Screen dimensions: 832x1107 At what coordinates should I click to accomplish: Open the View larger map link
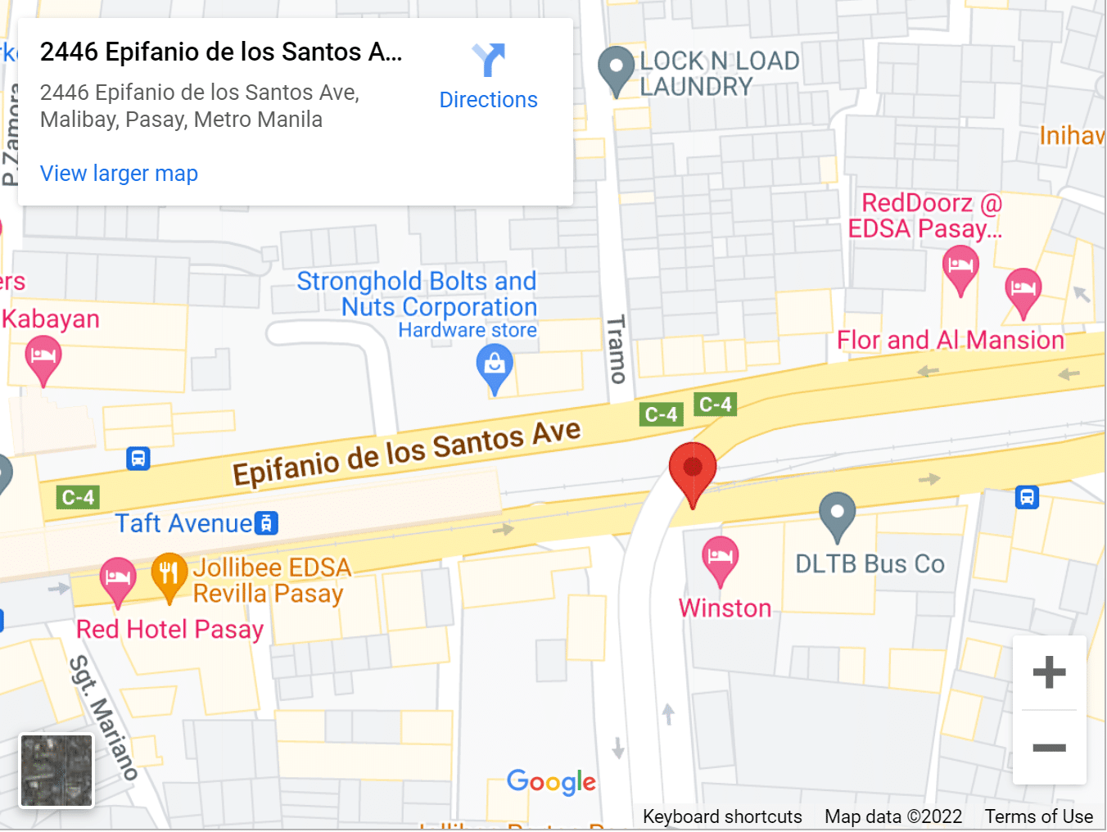[119, 174]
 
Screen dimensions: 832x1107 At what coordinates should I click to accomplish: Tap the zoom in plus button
[1049, 672]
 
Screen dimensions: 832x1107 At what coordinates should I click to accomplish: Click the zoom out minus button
[1049, 748]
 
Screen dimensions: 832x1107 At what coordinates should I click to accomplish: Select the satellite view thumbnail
[56, 771]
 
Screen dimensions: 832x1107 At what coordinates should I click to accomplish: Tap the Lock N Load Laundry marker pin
[616, 69]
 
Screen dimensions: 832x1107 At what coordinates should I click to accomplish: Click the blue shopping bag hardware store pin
[495, 365]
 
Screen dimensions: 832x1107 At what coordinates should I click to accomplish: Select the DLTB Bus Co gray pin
[837, 514]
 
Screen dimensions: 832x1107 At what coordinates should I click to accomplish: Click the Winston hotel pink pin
[720, 558]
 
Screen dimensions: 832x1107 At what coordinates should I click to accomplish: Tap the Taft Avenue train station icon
[266, 523]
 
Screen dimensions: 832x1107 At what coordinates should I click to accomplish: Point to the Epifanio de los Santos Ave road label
[406, 453]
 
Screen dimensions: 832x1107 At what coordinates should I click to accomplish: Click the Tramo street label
[617, 350]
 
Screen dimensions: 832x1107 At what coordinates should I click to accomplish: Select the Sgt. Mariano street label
[103, 717]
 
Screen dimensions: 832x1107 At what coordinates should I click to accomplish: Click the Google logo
[551, 782]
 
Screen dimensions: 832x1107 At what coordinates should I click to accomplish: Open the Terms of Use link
[1038, 816]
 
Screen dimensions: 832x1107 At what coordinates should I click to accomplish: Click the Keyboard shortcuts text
[722, 816]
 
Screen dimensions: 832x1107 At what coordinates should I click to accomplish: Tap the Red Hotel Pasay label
[170, 630]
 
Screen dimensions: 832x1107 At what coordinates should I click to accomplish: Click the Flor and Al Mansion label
[950, 340]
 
